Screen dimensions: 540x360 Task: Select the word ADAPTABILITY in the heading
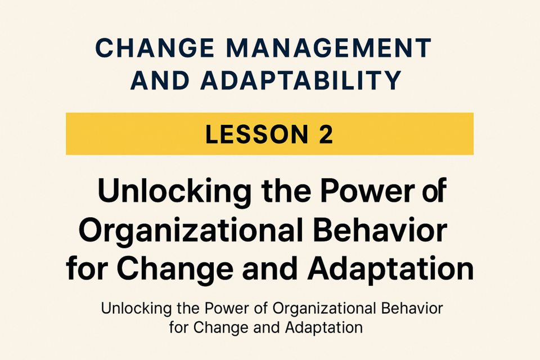301,80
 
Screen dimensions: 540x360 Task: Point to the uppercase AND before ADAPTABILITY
160,80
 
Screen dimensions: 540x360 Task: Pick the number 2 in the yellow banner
326,134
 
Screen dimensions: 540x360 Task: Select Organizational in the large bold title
191,232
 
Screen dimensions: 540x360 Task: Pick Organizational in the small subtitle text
324,309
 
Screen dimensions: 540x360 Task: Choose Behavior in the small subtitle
412,308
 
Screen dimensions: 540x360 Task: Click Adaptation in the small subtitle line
324,328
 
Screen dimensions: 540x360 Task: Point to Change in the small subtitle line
220,328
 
